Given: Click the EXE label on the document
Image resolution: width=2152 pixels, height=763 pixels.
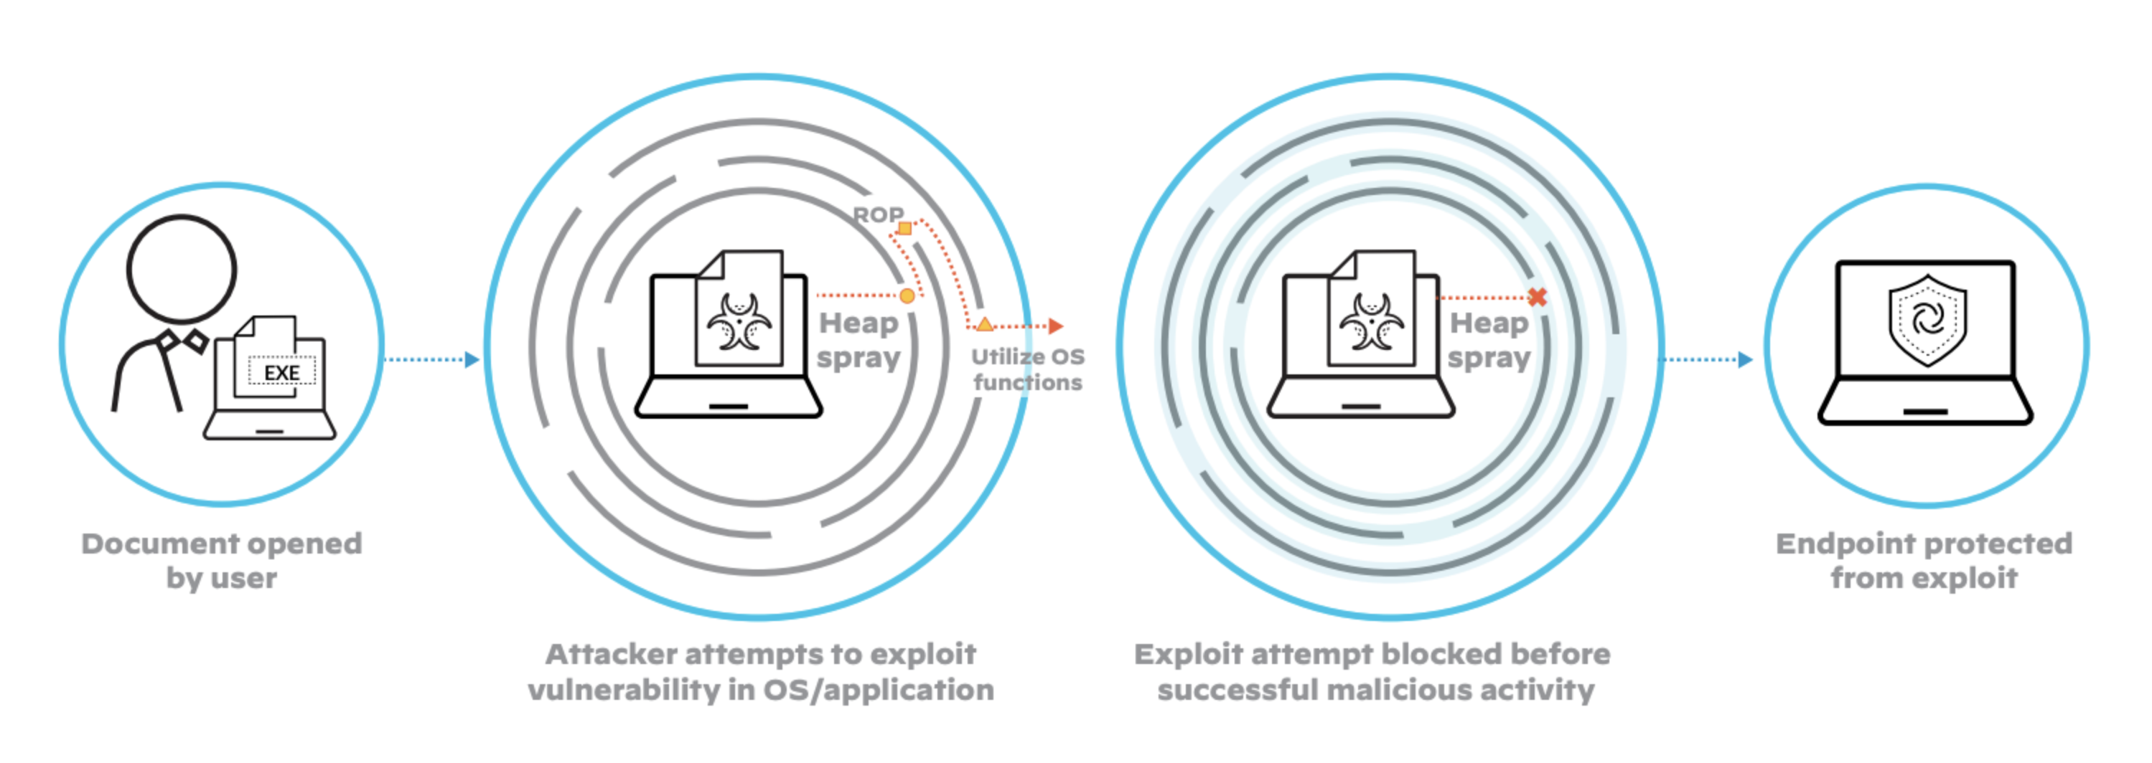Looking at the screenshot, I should [x=281, y=372].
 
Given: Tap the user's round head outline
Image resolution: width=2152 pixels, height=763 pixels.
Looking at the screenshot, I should [x=182, y=269].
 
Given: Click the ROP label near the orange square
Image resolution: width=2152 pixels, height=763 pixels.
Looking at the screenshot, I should [x=876, y=215].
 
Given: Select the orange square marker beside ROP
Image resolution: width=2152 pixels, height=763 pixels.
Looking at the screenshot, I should [x=904, y=228].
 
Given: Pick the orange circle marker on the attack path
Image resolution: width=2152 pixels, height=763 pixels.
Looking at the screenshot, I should [x=907, y=295].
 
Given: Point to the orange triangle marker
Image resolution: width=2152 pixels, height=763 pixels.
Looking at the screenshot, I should [x=985, y=325].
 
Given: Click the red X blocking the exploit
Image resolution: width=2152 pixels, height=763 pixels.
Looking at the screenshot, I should [x=1537, y=296].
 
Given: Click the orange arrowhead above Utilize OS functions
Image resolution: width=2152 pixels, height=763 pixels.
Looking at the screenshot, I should [x=1056, y=326].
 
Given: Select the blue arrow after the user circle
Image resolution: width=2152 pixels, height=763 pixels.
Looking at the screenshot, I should [x=471, y=360].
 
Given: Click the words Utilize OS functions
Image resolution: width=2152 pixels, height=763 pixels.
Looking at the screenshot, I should [x=1027, y=369].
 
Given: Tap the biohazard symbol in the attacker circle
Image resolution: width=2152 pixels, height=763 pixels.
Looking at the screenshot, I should [x=739, y=321].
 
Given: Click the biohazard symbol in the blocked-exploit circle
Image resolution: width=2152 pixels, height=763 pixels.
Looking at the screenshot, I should [x=1372, y=321].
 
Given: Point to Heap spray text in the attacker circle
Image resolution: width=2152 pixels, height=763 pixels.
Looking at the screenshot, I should [x=858, y=340].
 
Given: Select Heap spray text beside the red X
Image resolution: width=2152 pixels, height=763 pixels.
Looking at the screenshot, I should [x=1489, y=340].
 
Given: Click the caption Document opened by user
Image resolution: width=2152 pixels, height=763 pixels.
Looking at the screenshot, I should [x=221, y=560].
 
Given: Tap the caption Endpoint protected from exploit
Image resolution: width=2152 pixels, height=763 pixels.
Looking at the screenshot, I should [x=1924, y=560].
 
